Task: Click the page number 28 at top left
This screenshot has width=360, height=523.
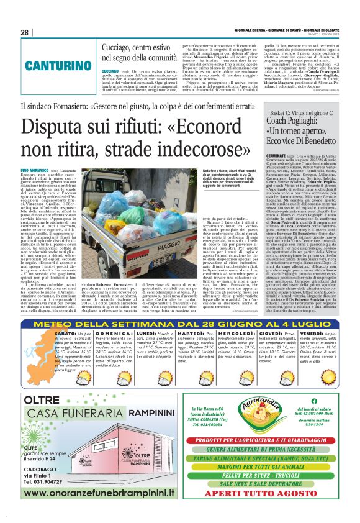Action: [24, 32]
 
